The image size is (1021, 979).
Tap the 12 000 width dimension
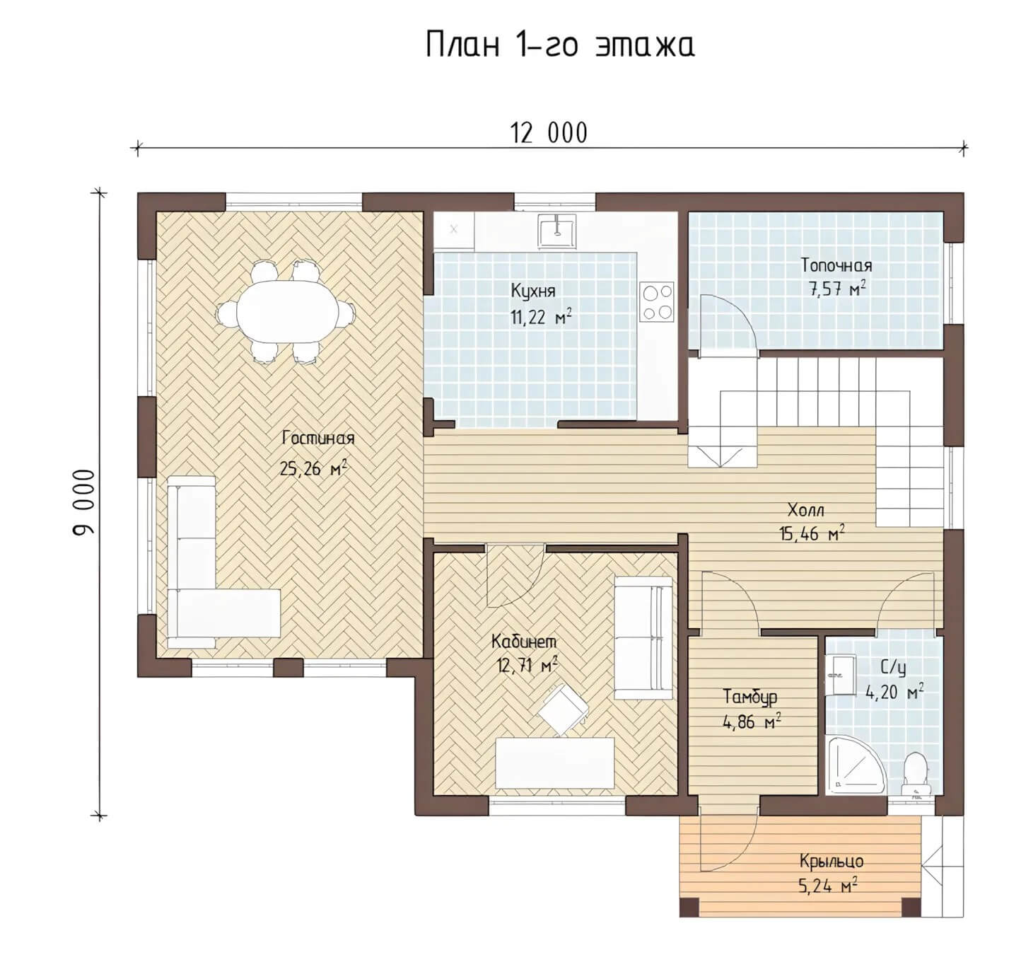[x=549, y=133]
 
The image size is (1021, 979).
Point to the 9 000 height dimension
[x=84, y=502]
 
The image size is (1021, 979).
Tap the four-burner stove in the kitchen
[x=657, y=302]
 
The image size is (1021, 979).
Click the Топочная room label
[x=836, y=265]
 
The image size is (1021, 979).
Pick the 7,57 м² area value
[x=837, y=289]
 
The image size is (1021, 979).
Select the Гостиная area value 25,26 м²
[x=313, y=468]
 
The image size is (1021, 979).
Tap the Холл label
[x=806, y=510]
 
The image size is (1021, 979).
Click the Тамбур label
[x=750, y=697]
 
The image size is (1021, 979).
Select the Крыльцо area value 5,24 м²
[x=828, y=886]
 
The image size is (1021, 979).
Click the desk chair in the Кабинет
[x=562, y=708]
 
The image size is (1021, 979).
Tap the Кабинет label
[x=524, y=642]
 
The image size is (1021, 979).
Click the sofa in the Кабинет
[x=643, y=638]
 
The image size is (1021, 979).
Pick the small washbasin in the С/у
[x=839, y=674]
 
